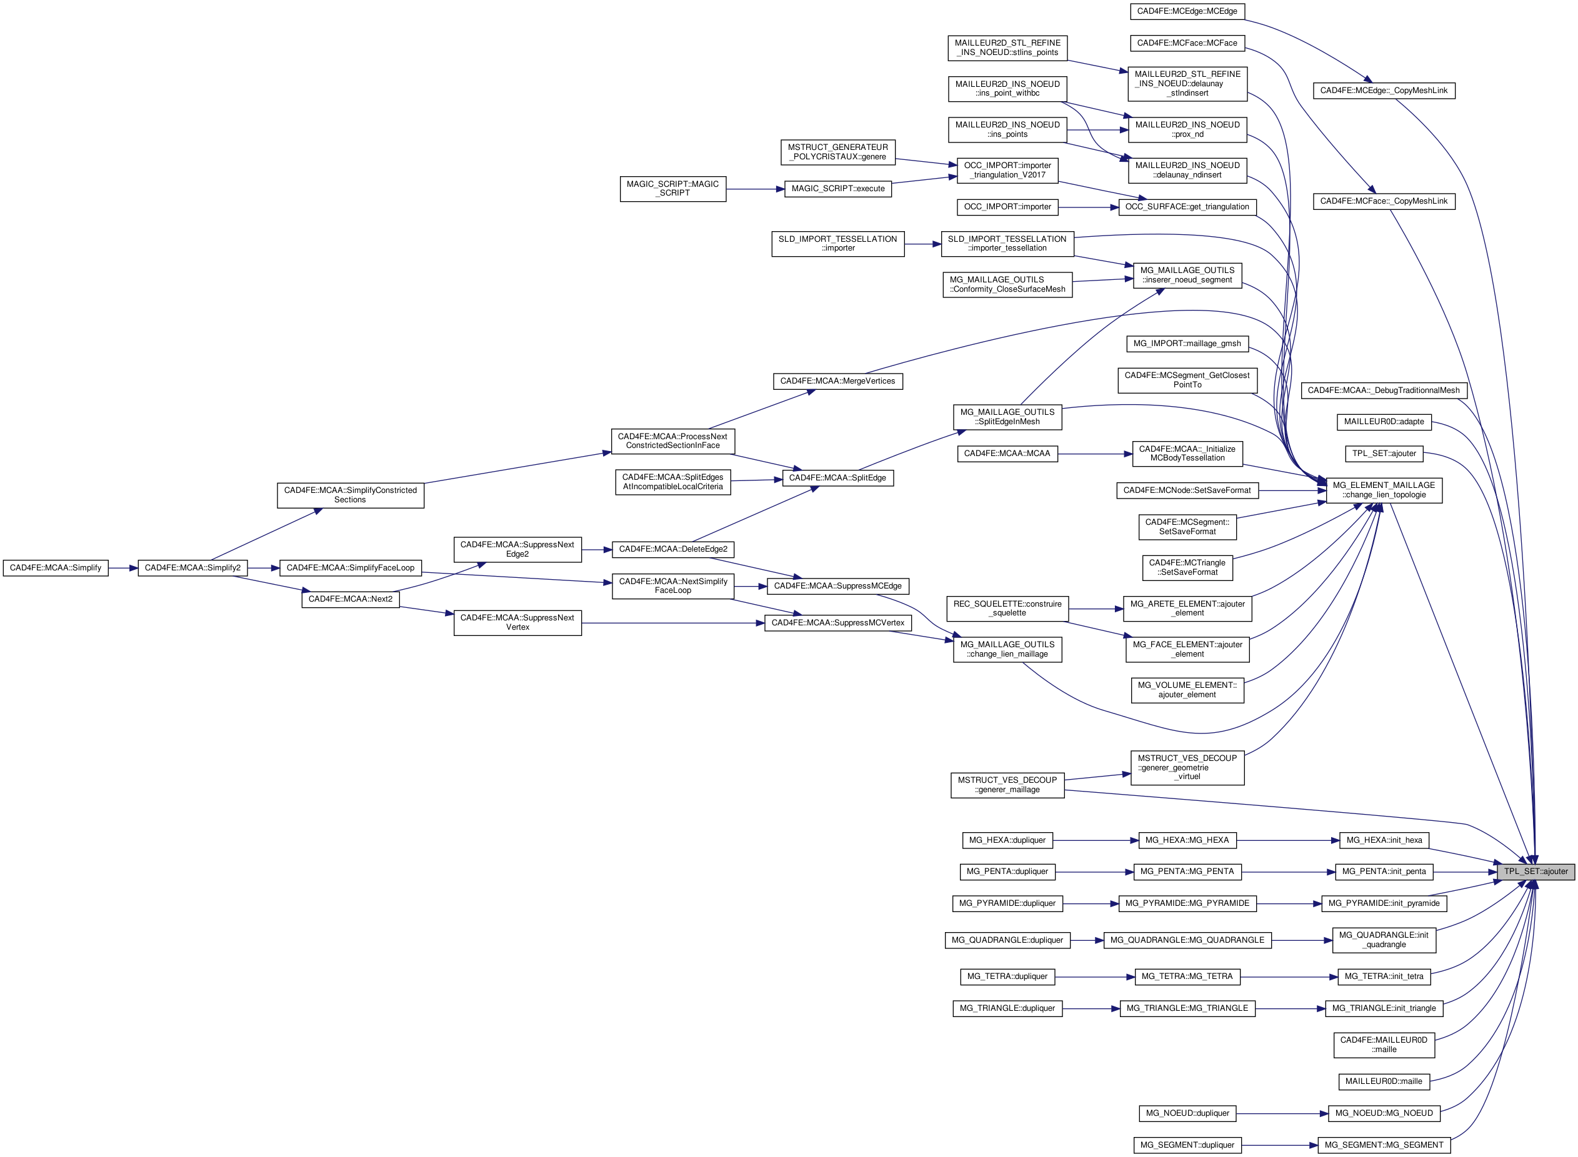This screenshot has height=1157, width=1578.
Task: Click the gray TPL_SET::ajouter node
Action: coord(1536,871)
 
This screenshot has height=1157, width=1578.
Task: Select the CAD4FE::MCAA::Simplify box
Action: coord(56,568)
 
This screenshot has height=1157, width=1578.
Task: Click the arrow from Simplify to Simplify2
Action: coord(123,568)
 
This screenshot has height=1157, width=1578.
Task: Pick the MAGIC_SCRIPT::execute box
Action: coord(837,189)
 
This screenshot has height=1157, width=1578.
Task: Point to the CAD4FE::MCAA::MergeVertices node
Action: coord(837,381)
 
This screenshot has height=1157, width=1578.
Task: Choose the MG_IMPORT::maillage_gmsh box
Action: coord(1187,344)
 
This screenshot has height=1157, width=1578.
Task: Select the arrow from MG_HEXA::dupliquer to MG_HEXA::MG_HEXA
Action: coord(1096,840)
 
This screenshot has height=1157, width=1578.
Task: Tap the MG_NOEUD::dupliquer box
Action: coord(1187,1113)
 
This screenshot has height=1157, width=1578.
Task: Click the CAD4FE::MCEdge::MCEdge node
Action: coord(1187,11)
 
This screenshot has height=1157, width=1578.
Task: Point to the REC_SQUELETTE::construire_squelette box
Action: coord(1007,608)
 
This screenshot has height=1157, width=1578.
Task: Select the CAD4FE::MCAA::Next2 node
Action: coord(350,600)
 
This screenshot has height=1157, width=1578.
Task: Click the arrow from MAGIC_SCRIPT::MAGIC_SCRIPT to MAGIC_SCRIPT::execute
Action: coord(755,189)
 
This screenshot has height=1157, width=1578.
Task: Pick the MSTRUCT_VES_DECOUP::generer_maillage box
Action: coord(1007,785)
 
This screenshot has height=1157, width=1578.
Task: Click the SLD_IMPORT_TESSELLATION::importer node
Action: coord(837,244)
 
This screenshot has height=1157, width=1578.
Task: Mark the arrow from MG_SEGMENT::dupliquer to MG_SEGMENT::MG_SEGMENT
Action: coord(1279,1146)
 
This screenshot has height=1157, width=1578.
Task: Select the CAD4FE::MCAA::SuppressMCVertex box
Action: coord(837,623)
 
